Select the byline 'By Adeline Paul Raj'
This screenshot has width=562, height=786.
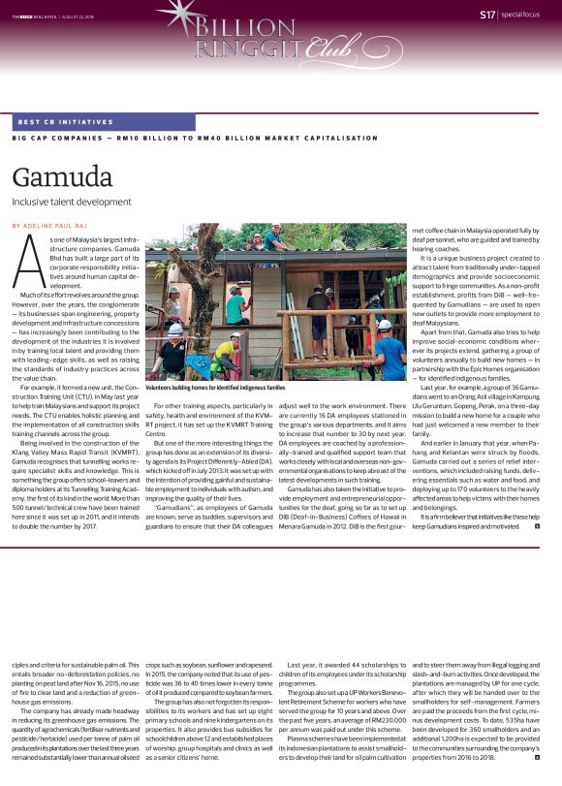50,225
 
